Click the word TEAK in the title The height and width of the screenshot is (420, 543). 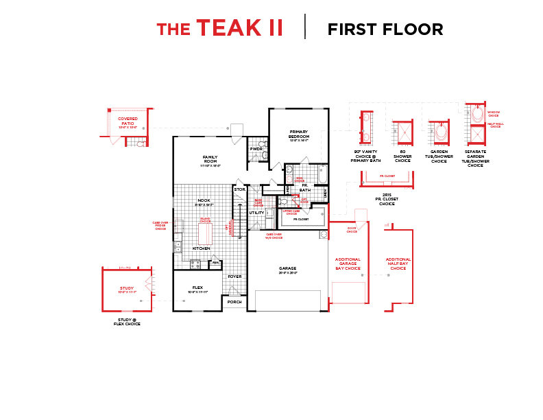click(x=229, y=28)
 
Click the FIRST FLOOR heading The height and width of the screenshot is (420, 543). click(x=385, y=30)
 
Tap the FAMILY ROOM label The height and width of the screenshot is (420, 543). click(x=210, y=159)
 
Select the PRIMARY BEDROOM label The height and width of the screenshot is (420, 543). click(x=299, y=134)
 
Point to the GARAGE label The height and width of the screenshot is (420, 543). click(x=287, y=268)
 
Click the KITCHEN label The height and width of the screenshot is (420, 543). click(x=201, y=248)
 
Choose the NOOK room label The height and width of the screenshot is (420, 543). click(x=204, y=201)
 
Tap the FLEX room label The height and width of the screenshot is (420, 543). click(x=197, y=288)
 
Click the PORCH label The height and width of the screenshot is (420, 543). click(x=234, y=301)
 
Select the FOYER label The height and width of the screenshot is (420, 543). click(x=234, y=277)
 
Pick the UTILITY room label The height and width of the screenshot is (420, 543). click(x=256, y=213)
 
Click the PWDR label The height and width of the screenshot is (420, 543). click(x=256, y=149)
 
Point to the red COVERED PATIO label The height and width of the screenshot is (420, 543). click(x=128, y=121)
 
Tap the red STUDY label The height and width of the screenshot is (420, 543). click(x=127, y=289)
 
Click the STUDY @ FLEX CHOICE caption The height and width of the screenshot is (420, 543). click(x=127, y=322)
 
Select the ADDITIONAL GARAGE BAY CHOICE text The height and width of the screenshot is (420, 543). click(x=348, y=264)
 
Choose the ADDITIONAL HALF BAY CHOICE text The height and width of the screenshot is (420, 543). click(x=398, y=264)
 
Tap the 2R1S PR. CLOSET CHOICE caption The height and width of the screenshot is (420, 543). click(x=387, y=199)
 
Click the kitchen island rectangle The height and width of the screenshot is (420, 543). click(x=204, y=234)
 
